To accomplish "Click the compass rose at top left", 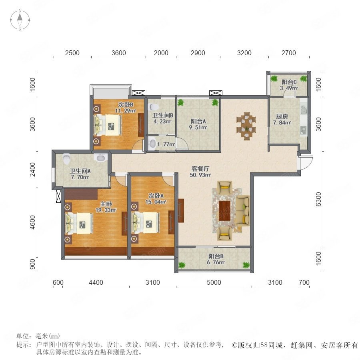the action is click(x=20, y=20).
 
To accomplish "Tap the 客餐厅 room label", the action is click(x=200, y=169).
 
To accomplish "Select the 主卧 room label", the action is click(x=106, y=204).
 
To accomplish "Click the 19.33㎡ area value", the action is click(x=106, y=210).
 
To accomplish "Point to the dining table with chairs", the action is click(x=246, y=126).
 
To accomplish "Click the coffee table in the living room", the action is click(x=224, y=211).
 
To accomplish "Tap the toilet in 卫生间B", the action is click(x=154, y=107).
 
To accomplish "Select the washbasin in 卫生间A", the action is click(x=100, y=158).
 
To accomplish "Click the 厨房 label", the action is click(x=282, y=117).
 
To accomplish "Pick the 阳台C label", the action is click(x=289, y=82).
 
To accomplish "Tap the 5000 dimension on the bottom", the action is click(x=214, y=282).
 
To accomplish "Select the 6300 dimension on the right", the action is click(x=318, y=199).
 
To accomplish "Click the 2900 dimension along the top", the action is click(x=198, y=53).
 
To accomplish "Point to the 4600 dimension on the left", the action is click(x=33, y=222).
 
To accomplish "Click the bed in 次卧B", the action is click(x=108, y=125).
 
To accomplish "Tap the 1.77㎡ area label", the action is click(x=166, y=144).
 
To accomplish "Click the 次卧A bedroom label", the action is click(x=156, y=196).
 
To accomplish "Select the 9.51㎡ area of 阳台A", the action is click(x=198, y=127).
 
